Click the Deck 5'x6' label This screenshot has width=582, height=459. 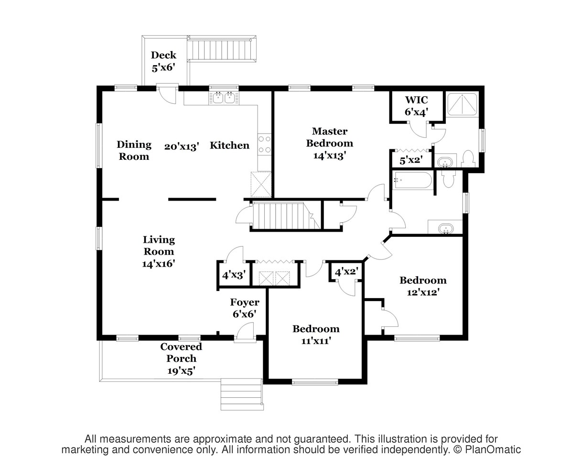[163, 61]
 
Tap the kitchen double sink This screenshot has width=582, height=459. [224, 98]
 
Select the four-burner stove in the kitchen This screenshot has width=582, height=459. [264, 144]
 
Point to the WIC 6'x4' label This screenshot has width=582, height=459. [417, 106]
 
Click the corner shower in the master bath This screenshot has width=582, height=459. [462, 104]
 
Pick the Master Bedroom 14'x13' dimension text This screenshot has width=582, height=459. [329, 156]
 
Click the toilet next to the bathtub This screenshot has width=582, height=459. [448, 179]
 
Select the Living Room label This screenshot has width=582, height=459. [159, 246]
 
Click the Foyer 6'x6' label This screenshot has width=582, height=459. [245, 308]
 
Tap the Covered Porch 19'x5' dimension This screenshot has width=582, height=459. [181, 370]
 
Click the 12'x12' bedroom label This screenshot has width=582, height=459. [423, 286]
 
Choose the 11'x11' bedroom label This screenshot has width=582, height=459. [316, 335]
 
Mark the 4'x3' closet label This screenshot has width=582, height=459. [234, 275]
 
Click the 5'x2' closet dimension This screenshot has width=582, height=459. [411, 160]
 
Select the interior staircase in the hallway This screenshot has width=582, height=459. [286, 216]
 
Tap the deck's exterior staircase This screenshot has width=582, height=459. [222, 50]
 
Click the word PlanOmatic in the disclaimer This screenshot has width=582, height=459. [493, 449]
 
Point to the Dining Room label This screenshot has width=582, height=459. [134, 150]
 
